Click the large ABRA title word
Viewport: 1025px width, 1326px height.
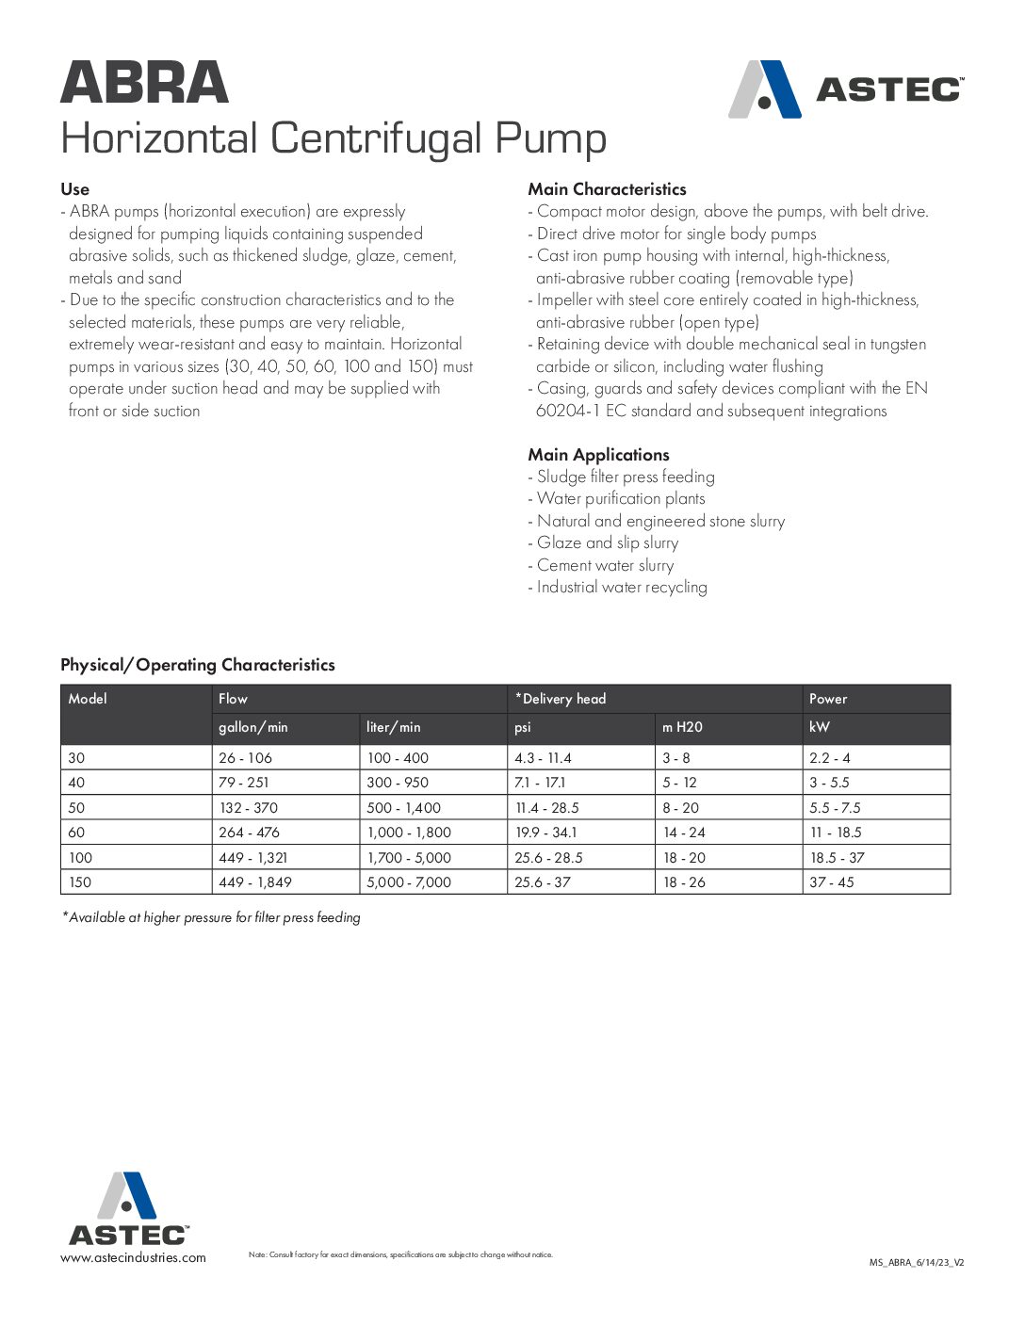pyautogui.click(x=144, y=83)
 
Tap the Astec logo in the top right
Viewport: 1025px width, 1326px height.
pyautogui.click(x=845, y=89)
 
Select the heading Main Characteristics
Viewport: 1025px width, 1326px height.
pyautogui.click(x=607, y=189)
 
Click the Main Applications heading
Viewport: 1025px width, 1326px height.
pyautogui.click(x=598, y=455)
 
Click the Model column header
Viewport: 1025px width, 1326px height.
pyautogui.click(x=88, y=699)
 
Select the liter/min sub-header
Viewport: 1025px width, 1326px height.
pyautogui.click(x=394, y=727)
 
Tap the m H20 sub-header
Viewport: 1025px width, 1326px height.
pyautogui.click(x=682, y=727)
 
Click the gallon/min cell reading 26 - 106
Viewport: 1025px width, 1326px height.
pyautogui.click(x=245, y=758)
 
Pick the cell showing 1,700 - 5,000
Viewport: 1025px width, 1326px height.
pyautogui.click(x=409, y=858)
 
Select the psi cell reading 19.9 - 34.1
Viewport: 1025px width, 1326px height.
pyautogui.click(x=546, y=833)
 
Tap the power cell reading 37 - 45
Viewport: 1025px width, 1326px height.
pyautogui.click(x=832, y=882)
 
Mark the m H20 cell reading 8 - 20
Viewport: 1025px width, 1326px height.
pyautogui.click(x=680, y=808)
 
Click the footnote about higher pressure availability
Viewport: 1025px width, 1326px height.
pyautogui.click(x=211, y=917)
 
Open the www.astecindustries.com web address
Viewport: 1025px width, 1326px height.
pyautogui.click(x=133, y=1258)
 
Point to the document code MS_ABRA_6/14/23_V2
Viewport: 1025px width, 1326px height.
pyautogui.click(x=916, y=1262)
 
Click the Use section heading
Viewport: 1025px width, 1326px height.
pyautogui.click(x=74, y=189)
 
